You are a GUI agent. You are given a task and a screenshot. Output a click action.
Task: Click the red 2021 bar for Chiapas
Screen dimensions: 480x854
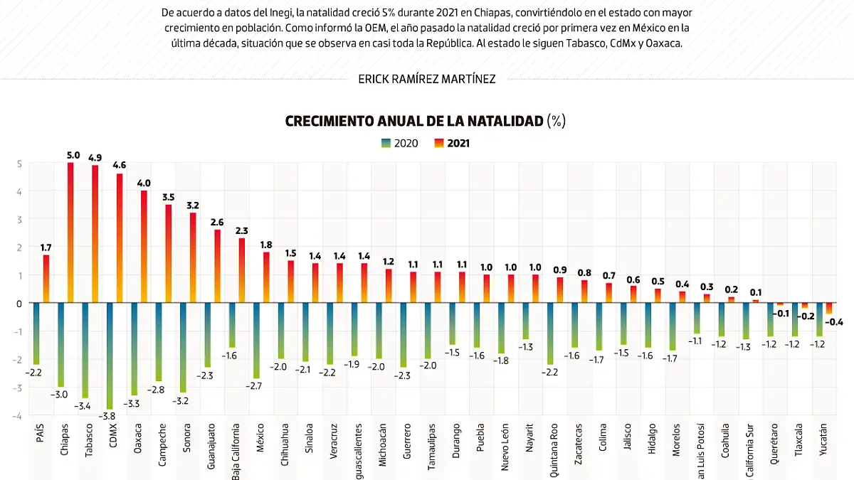coord(70,233)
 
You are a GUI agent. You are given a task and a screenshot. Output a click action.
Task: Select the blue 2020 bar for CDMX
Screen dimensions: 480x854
coord(110,356)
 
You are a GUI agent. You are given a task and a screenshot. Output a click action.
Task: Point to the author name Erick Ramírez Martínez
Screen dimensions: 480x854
coord(427,79)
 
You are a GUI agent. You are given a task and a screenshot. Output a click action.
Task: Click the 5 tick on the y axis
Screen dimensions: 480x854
coord(20,164)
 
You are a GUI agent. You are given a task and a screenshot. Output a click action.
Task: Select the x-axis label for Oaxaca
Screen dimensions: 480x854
coord(138,440)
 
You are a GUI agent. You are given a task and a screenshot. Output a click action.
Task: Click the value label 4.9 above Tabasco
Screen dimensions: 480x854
coord(95,157)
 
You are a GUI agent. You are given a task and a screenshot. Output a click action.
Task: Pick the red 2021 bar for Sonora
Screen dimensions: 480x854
coord(193,257)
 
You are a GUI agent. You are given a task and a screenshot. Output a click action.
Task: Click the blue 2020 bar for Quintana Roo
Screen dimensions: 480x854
coord(550,334)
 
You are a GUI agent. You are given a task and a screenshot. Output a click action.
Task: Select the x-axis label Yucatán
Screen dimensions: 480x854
coord(823,439)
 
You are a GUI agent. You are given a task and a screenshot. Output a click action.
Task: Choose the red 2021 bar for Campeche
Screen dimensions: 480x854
coord(169,253)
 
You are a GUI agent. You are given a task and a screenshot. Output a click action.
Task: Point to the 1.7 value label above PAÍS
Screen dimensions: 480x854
coord(46,247)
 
